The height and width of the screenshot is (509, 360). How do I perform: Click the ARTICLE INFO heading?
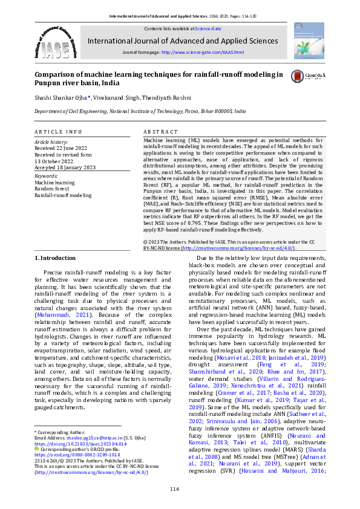[x=57, y=131]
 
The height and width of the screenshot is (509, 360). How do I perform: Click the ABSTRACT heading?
[x=160, y=131]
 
